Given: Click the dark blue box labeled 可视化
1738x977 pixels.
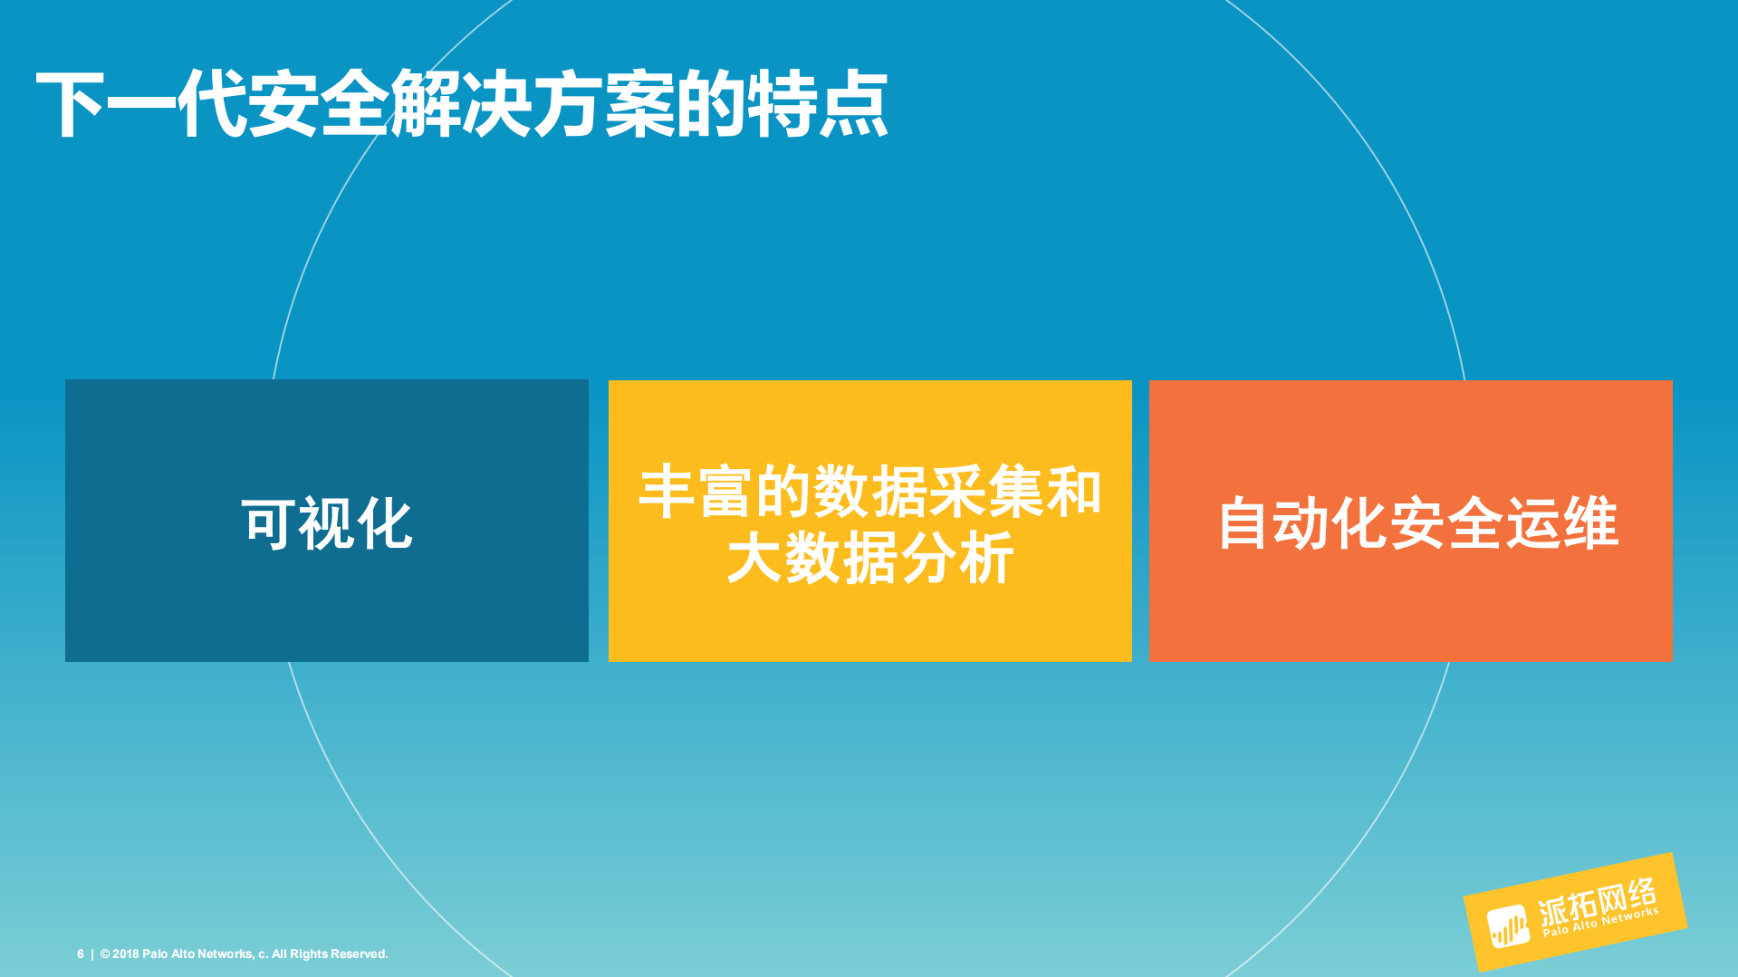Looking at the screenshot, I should pos(326,598).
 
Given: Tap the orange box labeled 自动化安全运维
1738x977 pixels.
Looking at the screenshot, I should pos(1410,607).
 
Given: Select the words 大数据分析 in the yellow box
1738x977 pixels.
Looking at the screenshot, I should pos(869,558).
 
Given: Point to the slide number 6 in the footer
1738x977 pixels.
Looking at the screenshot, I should pos(81,954).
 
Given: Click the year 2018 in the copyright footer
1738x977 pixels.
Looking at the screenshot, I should pos(126,954).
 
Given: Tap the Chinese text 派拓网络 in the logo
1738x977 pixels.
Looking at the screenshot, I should pos(1597,901).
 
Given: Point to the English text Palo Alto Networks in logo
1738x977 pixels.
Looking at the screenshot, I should pos(1601,922).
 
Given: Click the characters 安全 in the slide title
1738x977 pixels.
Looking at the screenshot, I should pos(318,105).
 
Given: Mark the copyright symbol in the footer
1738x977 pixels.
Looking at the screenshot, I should pos(105,954).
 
